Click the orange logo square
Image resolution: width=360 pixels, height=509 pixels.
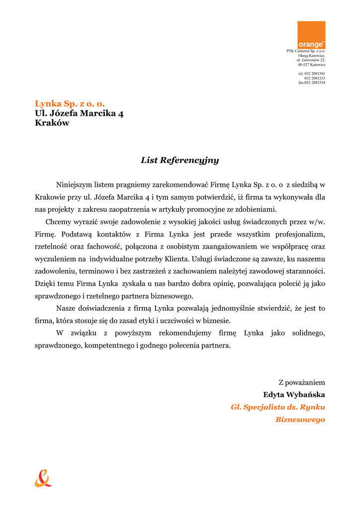[x=311, y=35]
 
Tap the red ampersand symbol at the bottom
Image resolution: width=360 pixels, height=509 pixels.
[x=43, y=478]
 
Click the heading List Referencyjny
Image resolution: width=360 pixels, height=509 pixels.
[x=180, y=161]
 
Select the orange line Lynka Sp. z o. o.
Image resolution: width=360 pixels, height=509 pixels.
[x=70, y=103]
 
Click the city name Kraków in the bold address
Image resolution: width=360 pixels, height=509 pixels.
[x=52, y=123]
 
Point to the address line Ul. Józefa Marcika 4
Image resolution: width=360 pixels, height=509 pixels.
[x=79, y=113]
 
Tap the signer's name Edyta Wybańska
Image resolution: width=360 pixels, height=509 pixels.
[x=294, y=395]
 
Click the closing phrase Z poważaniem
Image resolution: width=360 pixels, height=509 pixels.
[x=301, y=382]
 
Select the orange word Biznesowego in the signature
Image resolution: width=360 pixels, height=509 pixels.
[x=300, y=420]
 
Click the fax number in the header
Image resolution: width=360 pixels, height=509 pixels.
[x=312, y=83]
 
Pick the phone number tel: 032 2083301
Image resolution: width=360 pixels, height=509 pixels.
[x=312, y=74]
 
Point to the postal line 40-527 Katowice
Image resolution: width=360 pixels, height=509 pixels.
[x=311, y=65]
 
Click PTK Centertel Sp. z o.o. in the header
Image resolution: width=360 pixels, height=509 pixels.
[x=306, y=51]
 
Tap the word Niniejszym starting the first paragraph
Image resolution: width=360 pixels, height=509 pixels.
[x=74, y=184]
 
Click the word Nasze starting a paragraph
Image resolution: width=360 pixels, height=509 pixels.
[x=66, y=308]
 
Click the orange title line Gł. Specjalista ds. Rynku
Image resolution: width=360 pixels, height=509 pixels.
[x=278, y=407]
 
